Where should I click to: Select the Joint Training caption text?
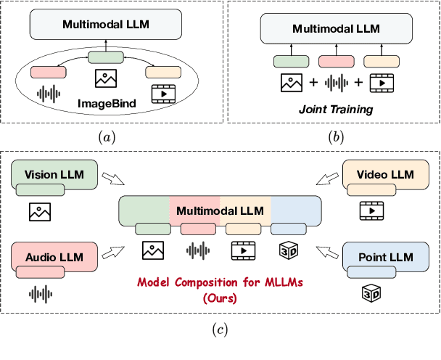[x=337, y=110]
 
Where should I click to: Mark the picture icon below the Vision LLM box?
[x=39, y=211]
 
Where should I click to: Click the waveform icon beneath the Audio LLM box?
[x=39, y=293]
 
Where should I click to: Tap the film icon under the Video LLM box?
[x=369, y=211]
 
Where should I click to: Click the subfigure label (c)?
[x=220, y=330]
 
